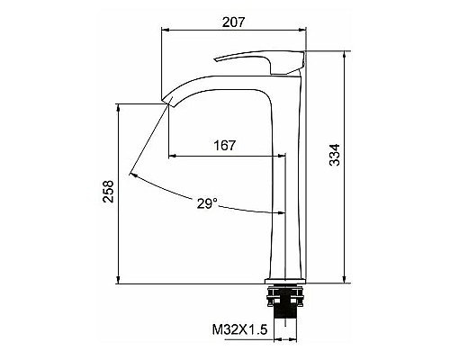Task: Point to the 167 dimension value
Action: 225,144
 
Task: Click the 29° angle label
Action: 207,203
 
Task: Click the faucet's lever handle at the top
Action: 261,60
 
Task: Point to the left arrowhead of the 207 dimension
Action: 165,29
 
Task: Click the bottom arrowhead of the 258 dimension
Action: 119,282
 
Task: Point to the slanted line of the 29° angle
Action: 148,139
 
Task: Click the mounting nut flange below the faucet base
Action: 286,294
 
